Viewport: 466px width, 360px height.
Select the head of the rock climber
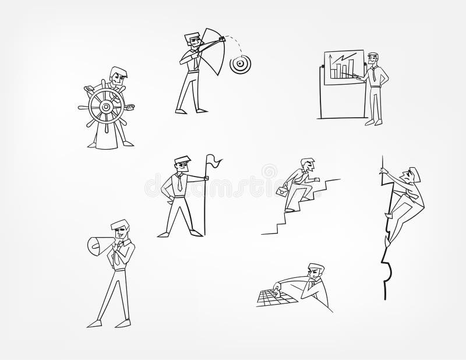coord(413,175)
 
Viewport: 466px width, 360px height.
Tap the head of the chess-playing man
coord(315,273)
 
